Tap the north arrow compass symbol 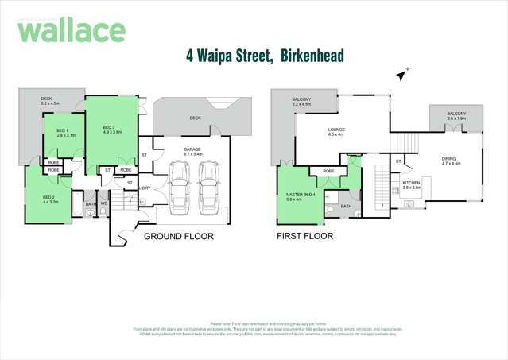pyautogui.click(x=401, y=75)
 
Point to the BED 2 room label pyautogui.click(x=48, y=198)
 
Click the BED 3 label pyautogui.click(x=111, y=129)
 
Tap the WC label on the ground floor pyautogui.click(x=103, y=205)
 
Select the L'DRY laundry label pyautogui.click(x=145, y=188)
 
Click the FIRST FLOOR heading pyautogui.click(x=304, y=236)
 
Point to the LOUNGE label pyautogui.click(x=335, y=130)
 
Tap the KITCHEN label pyautogui.click(x=411, y=183)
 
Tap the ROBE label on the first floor pyautogui.click(x=327, y=171)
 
